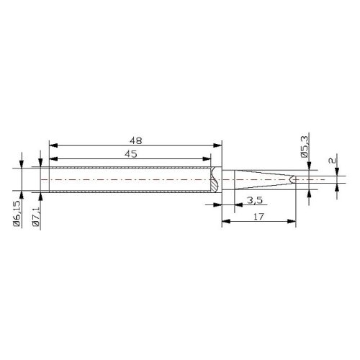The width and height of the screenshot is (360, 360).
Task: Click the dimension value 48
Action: pyautogui.click(x=136, y=140)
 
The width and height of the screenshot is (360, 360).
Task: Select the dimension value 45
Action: pyautogui.click(x=131, y=154)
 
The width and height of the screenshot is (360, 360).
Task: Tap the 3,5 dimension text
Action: pyautogui.click(x=255, y=200)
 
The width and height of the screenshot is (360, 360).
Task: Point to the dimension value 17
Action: pyautogui.click(x=258, y=217)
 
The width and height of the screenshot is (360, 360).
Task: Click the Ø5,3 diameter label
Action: pyautogui.click(x=305, y=146)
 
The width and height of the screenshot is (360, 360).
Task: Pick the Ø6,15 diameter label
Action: pyautogui.click(x=17, y=213)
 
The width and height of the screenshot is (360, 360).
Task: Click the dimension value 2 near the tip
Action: pyautogui.click(x=332, y=161)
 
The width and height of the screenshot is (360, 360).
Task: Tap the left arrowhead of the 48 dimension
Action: pyautogui.click(x=53, y=145)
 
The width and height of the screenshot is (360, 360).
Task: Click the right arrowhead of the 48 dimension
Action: pyautogui.click(x=217, y=145)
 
